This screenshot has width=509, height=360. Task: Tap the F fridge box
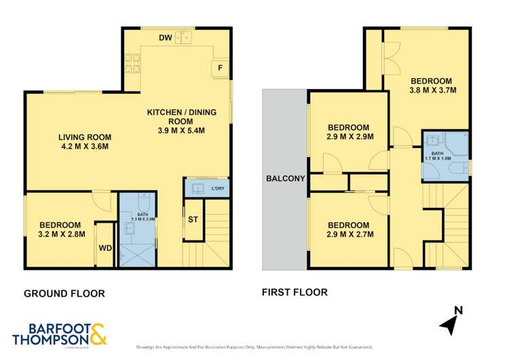click(220, 67)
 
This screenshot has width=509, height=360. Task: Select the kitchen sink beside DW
click(183, 37)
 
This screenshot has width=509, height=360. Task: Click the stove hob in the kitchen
click(132, 64)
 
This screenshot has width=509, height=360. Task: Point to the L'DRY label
click(218, 187)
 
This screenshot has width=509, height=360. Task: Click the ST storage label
click(193, 219)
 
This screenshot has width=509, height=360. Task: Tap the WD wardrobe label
click(105, 247)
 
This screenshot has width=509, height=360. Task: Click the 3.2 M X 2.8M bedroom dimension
click(60, 236)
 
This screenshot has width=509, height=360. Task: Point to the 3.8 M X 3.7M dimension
click(432, 89)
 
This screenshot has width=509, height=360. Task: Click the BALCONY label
click(285, 179)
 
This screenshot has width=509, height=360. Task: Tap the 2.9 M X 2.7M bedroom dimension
click(349, 235)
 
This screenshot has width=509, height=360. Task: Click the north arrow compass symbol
click(449, 322)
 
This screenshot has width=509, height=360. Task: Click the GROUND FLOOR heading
click(64, 293)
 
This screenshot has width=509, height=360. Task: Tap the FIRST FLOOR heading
click(295, 293)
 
